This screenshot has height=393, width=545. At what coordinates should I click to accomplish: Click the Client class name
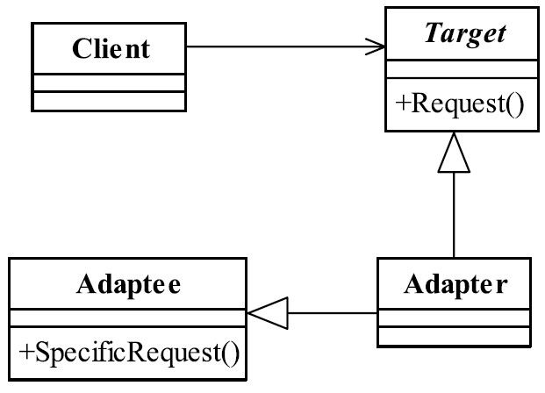[x=111, y=48]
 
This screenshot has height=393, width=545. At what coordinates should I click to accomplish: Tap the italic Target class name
[x=465, y=33]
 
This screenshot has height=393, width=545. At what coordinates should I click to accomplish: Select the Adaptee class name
[x=128, y=284]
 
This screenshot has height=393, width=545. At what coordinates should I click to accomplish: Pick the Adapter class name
[x=455, y=284]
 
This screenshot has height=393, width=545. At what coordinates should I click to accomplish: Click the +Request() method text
[x=460, y=104]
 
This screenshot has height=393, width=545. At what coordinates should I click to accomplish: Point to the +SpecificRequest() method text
[x=129, y=353]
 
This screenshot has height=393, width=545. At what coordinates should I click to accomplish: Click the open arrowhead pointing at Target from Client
[x=376, y=46]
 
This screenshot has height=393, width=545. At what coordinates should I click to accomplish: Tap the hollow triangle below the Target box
[x=454, y=152]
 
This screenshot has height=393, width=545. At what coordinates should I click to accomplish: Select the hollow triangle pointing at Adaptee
[x=268, y=313]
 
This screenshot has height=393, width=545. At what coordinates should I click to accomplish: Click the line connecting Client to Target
[x=286, y=46]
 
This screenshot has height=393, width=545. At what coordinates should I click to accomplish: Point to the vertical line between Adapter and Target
[x=454, y=215]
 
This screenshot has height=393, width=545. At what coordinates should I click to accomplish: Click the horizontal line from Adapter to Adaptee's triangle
[x=333, y=313]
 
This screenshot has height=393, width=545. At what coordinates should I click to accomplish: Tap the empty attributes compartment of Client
[x=109, y=83]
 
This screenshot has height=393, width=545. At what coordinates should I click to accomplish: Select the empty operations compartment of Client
[x=109, y=101]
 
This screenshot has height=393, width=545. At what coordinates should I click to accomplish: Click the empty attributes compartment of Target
[x=463, y=69]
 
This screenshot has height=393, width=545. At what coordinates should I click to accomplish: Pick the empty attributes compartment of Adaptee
[x=128, y=318]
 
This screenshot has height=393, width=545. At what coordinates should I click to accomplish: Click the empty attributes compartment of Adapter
[x=454, y=318]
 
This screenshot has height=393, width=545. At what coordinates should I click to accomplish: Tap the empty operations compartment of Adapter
[x=454, y=336]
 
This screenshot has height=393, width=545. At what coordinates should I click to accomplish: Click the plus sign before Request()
[x=403, y=103]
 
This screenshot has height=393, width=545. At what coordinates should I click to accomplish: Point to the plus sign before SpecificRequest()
[x=26, y=352]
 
